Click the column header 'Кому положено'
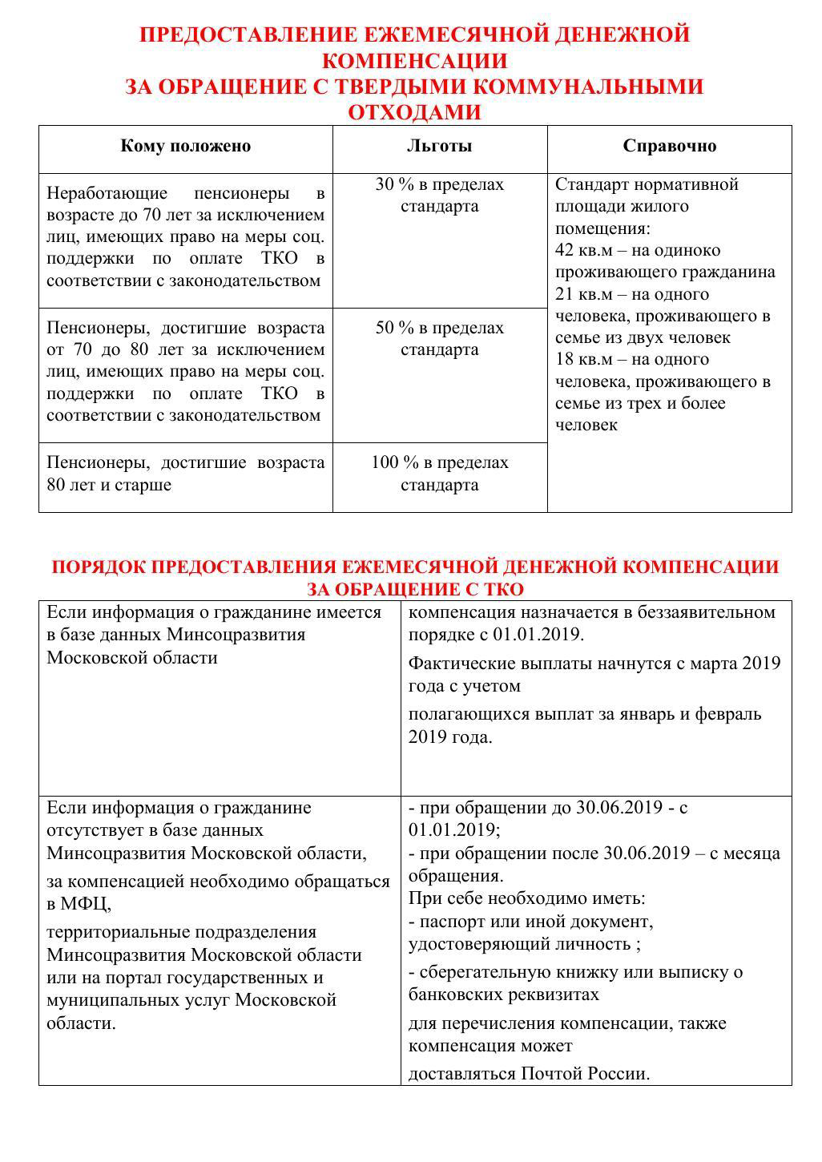coord(185,146)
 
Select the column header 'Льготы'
coord(439,146)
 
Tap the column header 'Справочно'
coord(669,146)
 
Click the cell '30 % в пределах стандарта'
coord(439,196)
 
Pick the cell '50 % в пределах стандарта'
coord(439,339)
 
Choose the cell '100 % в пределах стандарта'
coord(439,474)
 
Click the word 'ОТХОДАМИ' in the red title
coord(414,112)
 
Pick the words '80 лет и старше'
coord(109,485)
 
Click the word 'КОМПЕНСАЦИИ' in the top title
coord(414,61)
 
